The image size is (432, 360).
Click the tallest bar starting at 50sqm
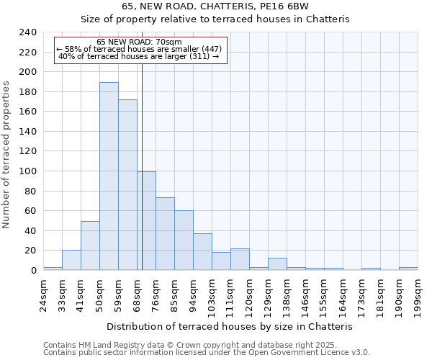109,176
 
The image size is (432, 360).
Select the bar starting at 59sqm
127,185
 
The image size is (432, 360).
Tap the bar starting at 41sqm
90,246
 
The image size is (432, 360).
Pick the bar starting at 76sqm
165,234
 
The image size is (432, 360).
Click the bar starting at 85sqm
184,240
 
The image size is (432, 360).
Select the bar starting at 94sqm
202,252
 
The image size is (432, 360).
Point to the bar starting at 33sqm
71,260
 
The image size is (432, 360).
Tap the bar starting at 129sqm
277,264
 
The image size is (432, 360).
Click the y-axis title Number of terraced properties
6,155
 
